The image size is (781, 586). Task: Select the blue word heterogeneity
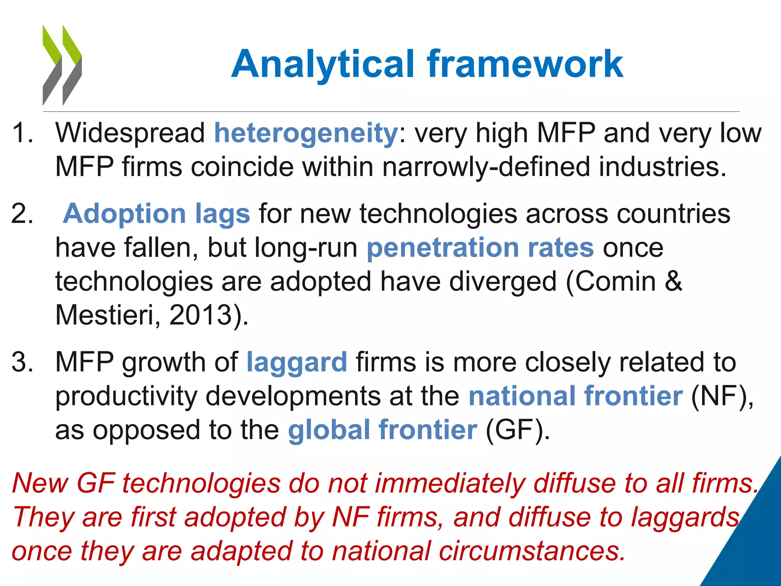pyautogui.click(x=306, y=134)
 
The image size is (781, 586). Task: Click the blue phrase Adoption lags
pyautogui.click(x=156, y=214)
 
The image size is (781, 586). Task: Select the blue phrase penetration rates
pyautogui.click(x=480, y=248)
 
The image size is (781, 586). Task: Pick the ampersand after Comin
pyautogui.click(x=673, y=282)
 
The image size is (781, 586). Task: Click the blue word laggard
pyautogui.click(x=297, y=362)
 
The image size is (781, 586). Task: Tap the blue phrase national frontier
pyautogui.click(x=575, y=396)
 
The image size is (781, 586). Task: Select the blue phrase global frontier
pyautogui.click(x=382, y=430)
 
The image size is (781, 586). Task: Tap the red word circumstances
pyautogui.click(x=532, y=551)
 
